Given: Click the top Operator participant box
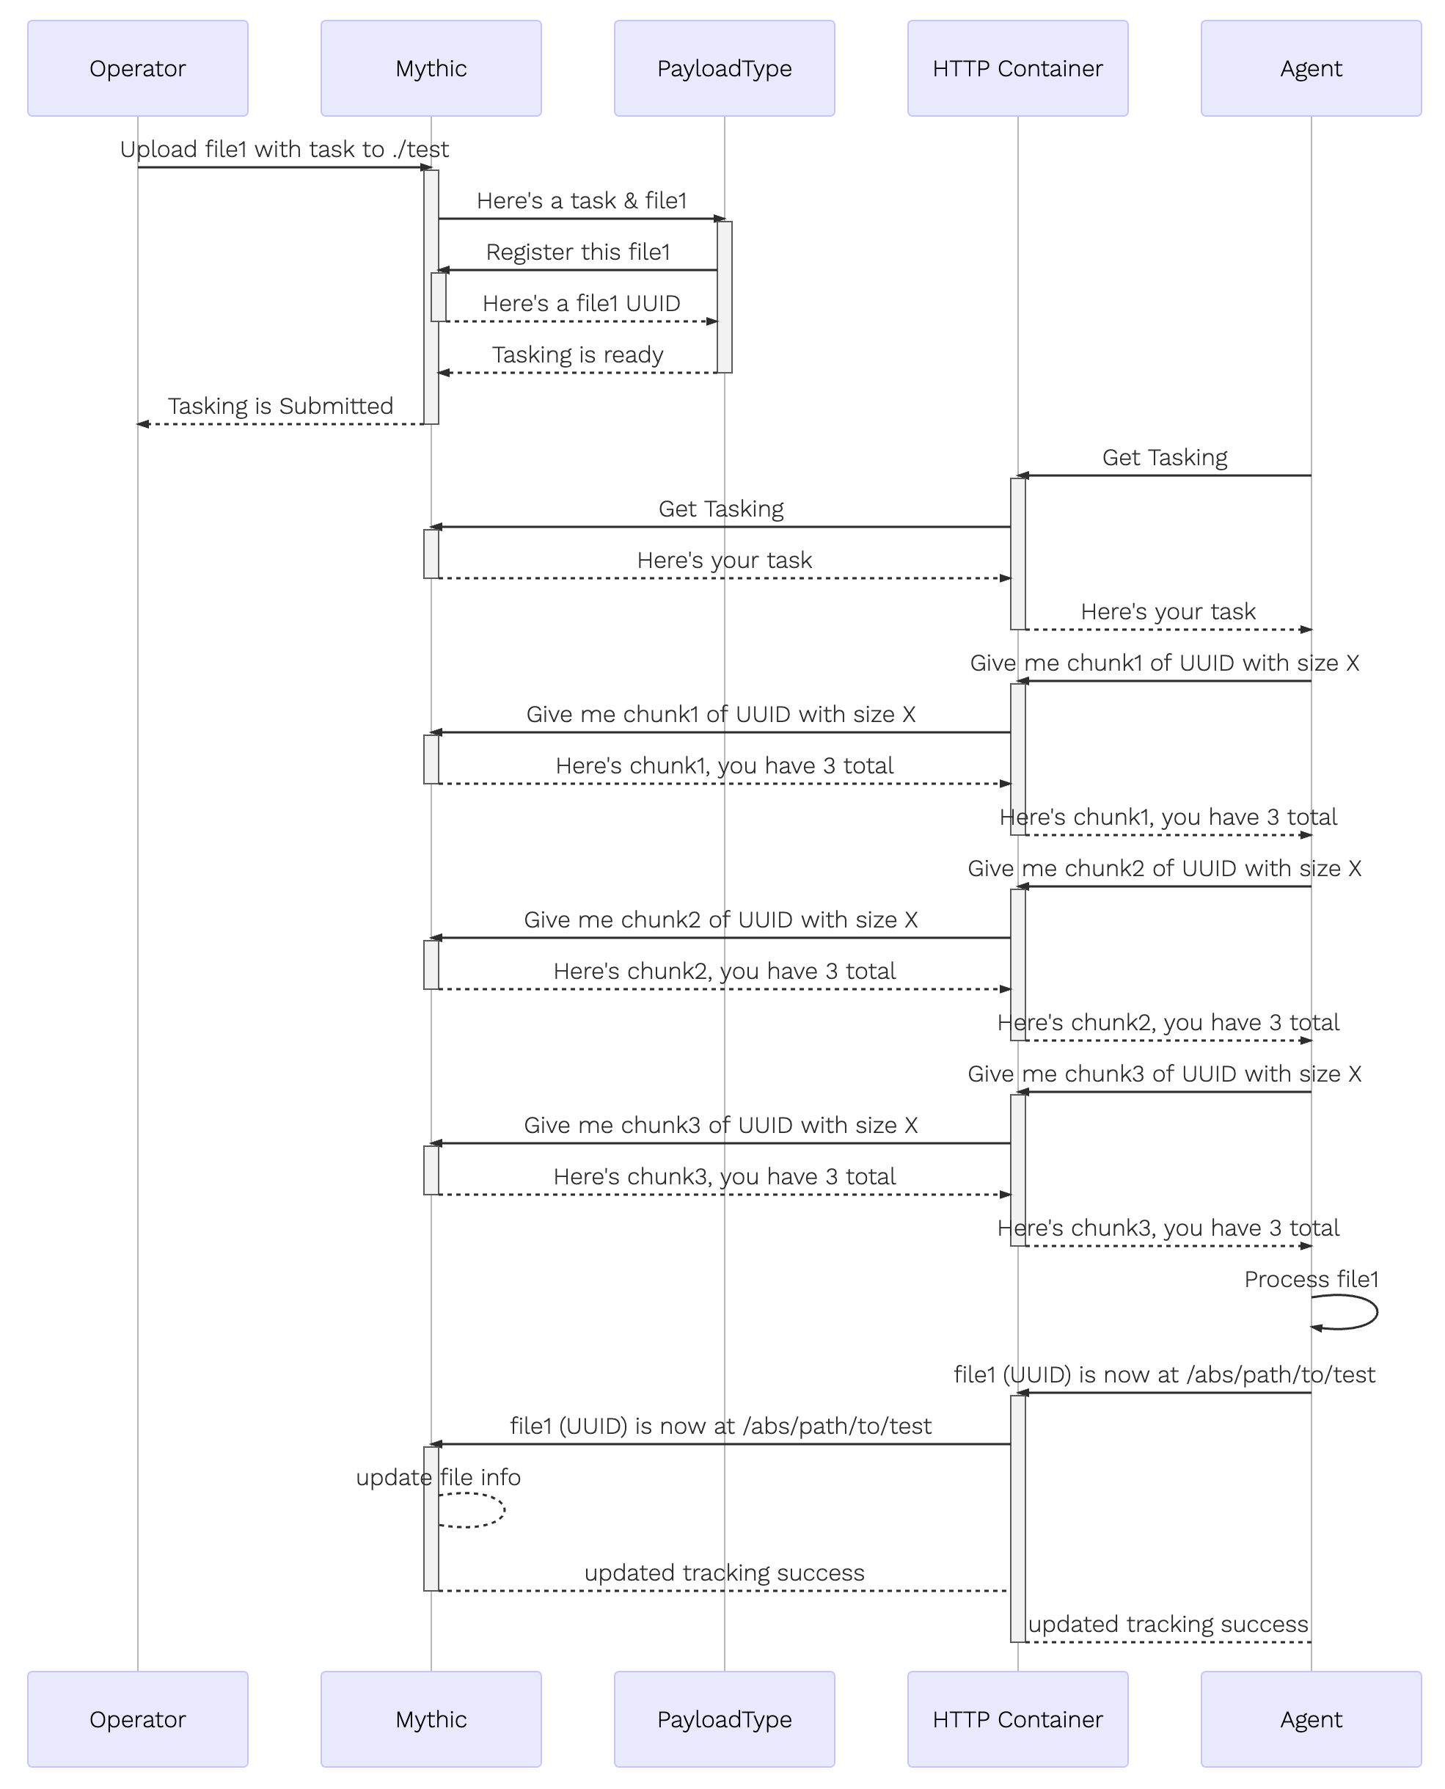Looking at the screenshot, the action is [137, 68].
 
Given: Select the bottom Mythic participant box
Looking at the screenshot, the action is [431, 1719].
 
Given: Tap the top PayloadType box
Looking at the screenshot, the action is [724, 68].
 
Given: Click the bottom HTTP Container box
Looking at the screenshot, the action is [1018, 1719].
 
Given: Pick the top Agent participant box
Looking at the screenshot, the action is [1311, 68].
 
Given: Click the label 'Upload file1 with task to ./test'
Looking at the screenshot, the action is [285, 149].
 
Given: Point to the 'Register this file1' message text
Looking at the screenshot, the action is [579, 252].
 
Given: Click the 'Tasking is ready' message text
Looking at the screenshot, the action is [578, 354].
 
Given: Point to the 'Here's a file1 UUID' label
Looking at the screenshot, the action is [582, 303].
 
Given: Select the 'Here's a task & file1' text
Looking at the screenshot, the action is [582, 200].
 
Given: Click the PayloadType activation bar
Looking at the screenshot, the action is [725, 297].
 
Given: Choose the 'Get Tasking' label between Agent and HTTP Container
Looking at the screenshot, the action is [1165, 457].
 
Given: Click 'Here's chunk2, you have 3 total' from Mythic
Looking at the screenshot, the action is [725, 971].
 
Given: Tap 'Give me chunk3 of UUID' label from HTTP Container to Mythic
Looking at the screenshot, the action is [721, 1125].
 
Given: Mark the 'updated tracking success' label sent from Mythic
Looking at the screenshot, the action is [724, 1573].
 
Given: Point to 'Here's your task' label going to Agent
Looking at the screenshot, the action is [1168, 611].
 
